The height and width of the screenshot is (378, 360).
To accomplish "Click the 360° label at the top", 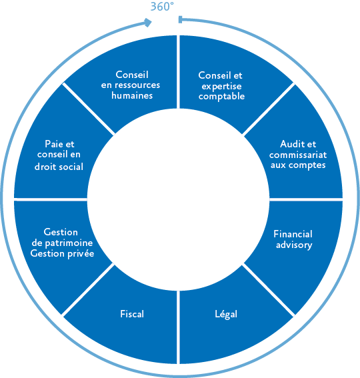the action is (x=162, y=7).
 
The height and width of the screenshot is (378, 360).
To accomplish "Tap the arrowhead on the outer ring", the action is (x=148, y=23).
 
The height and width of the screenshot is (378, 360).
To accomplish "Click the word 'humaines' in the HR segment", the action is (x=132, y=95).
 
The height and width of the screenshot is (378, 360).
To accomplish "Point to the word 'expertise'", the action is (x=221, y=87).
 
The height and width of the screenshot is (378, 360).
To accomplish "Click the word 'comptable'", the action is (x=221, y=97).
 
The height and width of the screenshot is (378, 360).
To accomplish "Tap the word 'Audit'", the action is (x=289, y=144).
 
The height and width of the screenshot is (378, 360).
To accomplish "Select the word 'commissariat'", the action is (x=298, y=155).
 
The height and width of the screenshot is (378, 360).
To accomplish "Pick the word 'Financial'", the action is (x=293, y=234).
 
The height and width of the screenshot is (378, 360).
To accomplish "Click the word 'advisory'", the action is (x=294, y=245).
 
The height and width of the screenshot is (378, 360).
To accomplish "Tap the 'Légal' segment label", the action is (x=226, y=314).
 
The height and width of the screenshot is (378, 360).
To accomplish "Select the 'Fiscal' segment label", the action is (x=132, y=314).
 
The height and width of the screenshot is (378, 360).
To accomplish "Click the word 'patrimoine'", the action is (x=69, y=243).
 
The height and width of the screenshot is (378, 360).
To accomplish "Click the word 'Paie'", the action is (x=54, y=144).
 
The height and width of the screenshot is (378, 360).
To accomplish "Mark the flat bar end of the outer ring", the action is (x=180, y=20).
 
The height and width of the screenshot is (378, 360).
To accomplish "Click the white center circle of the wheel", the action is (x=178, y=199).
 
